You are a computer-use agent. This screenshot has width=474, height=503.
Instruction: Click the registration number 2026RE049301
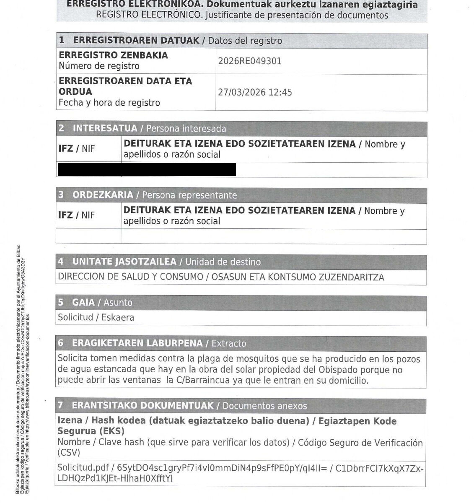point(250,61)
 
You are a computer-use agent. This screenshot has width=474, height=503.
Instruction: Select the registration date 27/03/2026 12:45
point(255,92)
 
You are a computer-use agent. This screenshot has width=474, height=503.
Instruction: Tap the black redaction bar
point(146,169)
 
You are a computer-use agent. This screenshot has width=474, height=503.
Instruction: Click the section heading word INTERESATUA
point(105,129)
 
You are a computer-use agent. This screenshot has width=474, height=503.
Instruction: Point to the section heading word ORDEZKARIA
point(103,195)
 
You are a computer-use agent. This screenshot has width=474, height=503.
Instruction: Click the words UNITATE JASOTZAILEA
point(124,262)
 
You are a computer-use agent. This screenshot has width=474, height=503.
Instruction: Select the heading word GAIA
point(83,303)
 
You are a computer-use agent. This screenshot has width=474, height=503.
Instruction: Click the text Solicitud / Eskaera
point(96,317)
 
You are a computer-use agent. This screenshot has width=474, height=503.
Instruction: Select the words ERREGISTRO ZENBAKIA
point(113,55)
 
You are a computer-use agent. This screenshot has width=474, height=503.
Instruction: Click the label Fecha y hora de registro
point(109,103)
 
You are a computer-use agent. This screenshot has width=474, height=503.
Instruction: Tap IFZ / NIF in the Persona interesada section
point(76,149)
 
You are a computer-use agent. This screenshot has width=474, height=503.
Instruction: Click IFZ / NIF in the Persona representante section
point(76,215)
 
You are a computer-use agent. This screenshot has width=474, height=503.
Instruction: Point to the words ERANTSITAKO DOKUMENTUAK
point(142,406)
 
